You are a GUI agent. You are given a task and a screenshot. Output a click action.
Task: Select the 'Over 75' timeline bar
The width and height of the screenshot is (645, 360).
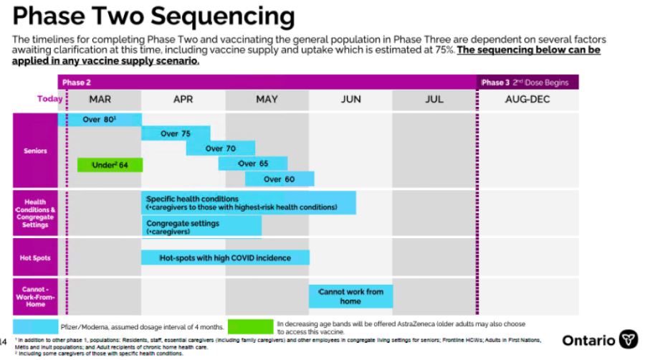pos(176,133)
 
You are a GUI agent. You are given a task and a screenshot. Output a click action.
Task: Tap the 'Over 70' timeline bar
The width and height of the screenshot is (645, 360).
pos(220,148)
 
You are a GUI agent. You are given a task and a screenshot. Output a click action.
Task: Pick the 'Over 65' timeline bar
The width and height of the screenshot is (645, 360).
pos(252,164)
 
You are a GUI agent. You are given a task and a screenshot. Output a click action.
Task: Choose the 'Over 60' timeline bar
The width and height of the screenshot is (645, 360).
pos(278,179)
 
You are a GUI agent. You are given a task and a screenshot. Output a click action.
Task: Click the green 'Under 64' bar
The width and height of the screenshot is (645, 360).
pos(110,165)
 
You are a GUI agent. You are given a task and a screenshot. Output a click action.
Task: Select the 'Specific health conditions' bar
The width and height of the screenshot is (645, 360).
pos(248,203)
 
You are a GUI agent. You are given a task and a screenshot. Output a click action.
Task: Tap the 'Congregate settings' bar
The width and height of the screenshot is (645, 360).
pos(201,227)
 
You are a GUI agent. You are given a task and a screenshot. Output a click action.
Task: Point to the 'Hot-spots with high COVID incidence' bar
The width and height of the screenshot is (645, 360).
pos(225,257)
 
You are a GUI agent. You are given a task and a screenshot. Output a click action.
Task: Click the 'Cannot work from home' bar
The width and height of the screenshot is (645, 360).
pos(350,296)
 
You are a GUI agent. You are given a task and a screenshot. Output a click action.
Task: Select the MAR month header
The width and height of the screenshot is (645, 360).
pos(100,100)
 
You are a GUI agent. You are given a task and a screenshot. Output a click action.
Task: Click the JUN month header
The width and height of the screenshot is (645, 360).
pos(350,100)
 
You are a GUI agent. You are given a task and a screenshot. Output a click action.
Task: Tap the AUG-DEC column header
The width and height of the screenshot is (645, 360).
pos(527,100)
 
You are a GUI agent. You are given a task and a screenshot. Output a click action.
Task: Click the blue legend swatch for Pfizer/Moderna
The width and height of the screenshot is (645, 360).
pos(37,326)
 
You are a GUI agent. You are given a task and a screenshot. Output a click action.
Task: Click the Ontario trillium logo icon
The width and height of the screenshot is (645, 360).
pos(628,339)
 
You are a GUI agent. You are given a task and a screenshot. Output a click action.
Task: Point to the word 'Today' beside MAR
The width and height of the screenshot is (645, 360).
pos(49,100)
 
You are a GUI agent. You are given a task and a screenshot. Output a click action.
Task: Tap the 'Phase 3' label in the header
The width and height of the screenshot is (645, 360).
pos(493,82)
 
